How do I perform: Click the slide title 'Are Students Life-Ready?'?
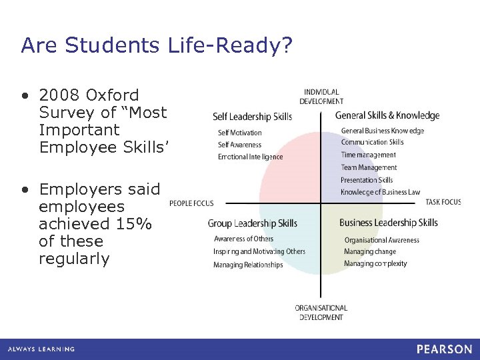click(157, 45)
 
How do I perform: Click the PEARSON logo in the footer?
click(444, 349)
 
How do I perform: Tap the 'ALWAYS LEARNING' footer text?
click(41, 349)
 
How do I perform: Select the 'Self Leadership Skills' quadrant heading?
click(252, 117)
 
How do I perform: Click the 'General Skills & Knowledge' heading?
click(387, 115)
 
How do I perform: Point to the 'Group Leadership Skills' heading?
click(252, 223)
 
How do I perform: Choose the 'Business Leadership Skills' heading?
click(389, 223)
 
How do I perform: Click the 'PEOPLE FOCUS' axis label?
click(191, 203)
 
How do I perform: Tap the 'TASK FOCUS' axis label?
click(443, 202)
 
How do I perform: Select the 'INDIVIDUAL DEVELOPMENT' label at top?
click(321, 97)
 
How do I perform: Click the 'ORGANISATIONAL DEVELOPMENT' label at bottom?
click(321, 313)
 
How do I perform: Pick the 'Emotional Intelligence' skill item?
click(250, 157)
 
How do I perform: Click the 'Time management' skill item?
click(368, 155)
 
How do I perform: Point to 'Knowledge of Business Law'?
click(380, 192)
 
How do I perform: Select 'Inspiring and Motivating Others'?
click(259, 251)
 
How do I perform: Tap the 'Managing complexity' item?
click(375, 263)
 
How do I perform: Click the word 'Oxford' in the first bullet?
click(113, 95)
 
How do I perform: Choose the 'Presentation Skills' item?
click(367, 180)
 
